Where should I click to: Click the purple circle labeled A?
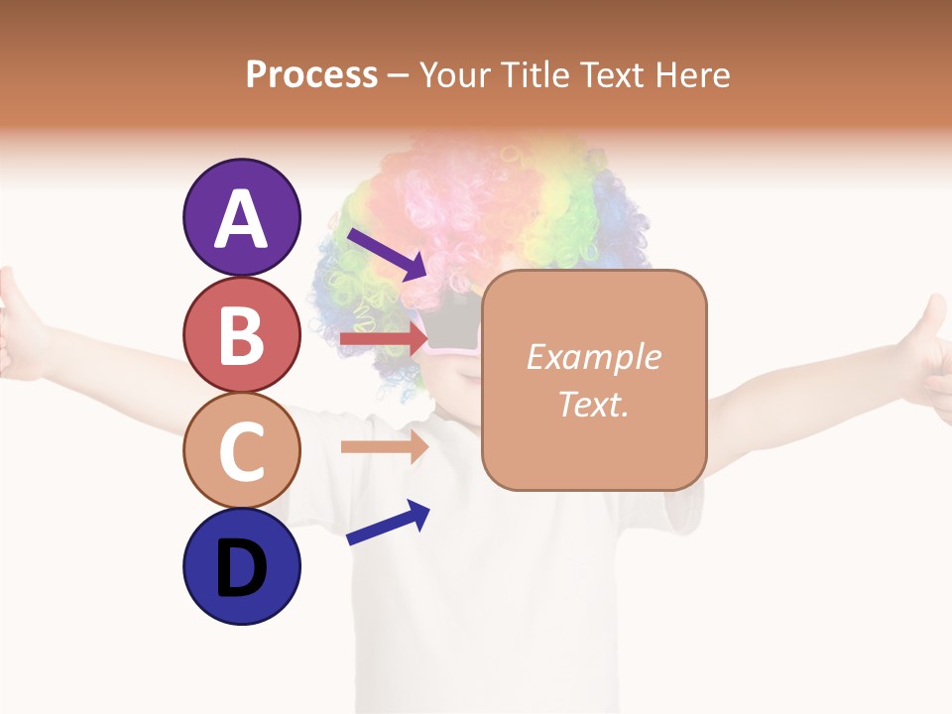pos(241,217)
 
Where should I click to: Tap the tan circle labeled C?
pos(241,451)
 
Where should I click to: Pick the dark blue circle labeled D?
pos(241,567)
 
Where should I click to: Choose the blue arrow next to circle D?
pos(387,523)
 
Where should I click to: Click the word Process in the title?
pos(311,75)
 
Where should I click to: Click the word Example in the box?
pos(593,357)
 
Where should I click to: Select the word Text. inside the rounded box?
pos(593,405)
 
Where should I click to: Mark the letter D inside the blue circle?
pos(241,569)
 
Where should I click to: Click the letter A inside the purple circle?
pos(241,219)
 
